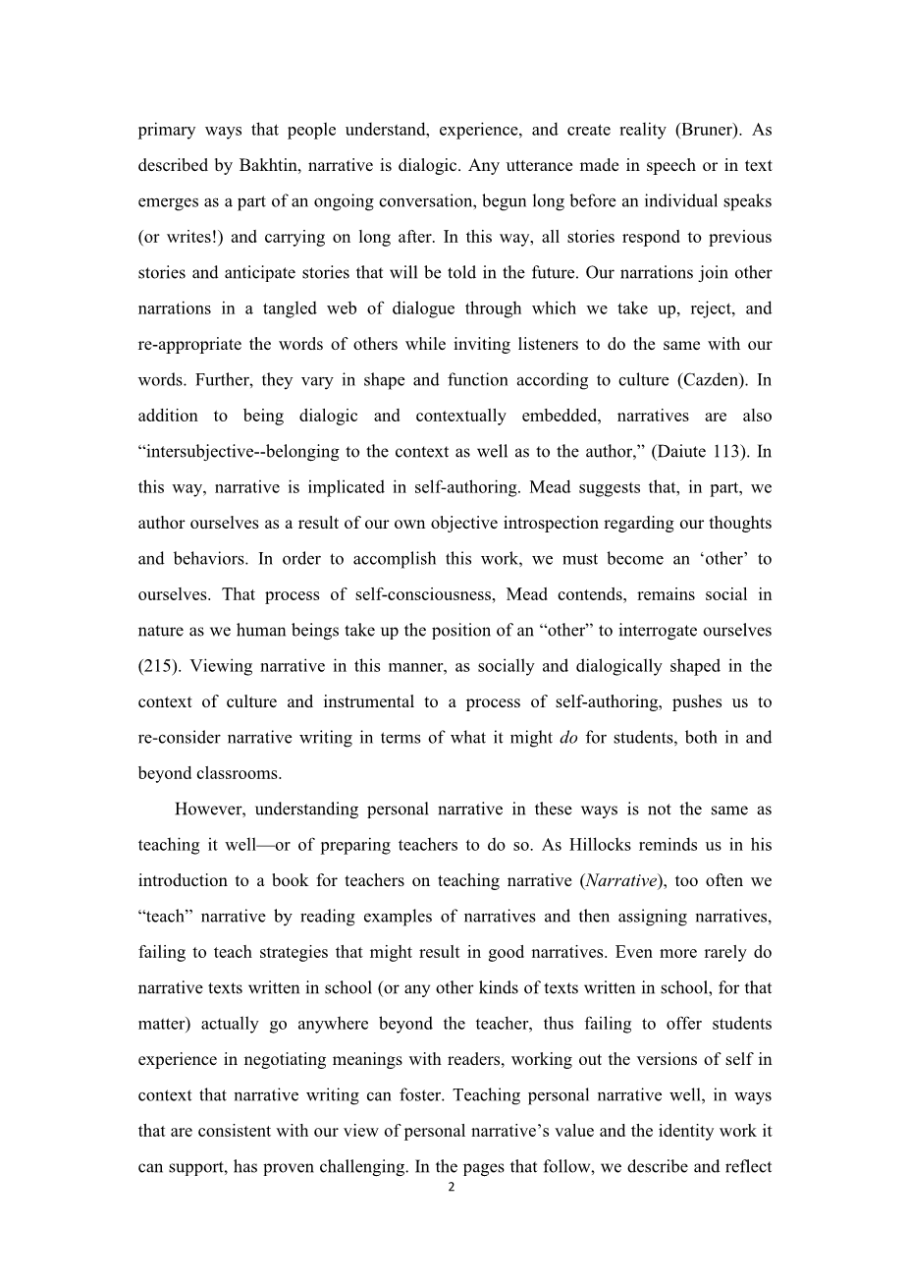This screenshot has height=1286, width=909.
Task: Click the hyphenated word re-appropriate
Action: (196, 344)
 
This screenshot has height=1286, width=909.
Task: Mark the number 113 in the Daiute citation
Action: (728, 452)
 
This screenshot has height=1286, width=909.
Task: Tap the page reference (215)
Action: (157, 666)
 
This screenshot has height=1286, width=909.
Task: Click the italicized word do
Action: (567, 738)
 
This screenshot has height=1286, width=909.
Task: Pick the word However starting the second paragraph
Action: (212, 810)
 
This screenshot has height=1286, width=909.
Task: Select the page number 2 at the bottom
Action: (452, 1188)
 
